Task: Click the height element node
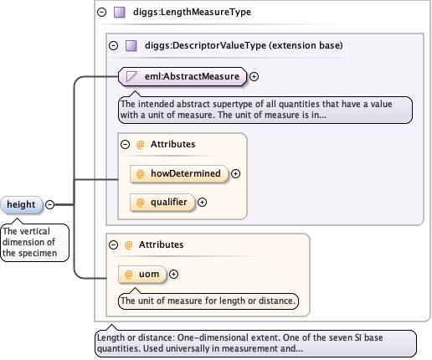point(21,204)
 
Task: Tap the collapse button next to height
point(49,204)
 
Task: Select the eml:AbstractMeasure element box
point(183,76)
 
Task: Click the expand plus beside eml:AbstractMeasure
point(254,76)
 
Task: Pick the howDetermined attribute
point(179,173)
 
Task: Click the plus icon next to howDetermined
point(235,173)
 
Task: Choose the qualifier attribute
point(162,202)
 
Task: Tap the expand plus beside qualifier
point(202,202)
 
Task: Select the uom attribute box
point(142,275)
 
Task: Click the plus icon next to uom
point(173,275)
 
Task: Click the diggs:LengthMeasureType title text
point(192,12)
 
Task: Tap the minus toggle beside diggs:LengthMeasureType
point(101,12)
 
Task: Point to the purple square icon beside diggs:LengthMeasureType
point(120,13)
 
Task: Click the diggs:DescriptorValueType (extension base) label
point(244,45)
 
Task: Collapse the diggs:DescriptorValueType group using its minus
point(113,45)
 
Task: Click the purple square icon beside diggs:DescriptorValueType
point(131,46)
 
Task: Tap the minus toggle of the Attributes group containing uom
point(113,244)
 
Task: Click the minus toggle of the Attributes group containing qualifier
point(125,144)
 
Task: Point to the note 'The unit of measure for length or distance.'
point(208,301)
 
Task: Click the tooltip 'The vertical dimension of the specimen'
point(34,242)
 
